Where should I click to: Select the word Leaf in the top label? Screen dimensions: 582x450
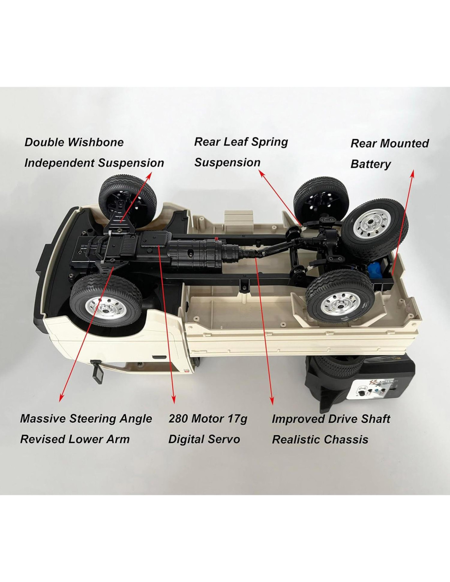237,142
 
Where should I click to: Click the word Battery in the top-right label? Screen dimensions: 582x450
371,164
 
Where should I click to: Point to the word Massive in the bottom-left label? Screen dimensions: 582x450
43,419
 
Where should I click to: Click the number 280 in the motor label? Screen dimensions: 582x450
178,419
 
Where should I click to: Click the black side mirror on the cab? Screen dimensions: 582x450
97,371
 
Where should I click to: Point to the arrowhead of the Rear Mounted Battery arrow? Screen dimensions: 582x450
412,172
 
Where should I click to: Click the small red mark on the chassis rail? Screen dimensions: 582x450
216,238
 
